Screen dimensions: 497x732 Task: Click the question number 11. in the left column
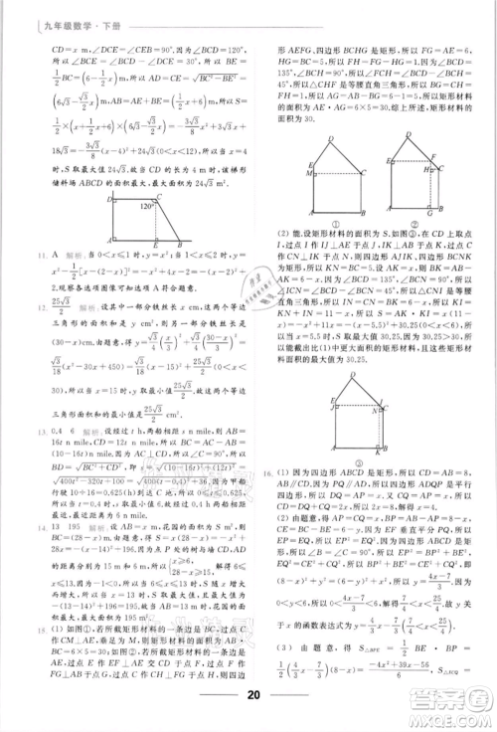13,257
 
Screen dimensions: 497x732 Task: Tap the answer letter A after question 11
30,257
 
